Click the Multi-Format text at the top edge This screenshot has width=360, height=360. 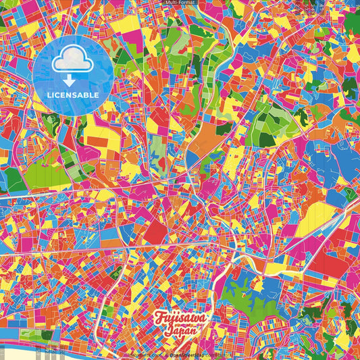point(180,3)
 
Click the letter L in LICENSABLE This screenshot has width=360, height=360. point(49,94)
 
